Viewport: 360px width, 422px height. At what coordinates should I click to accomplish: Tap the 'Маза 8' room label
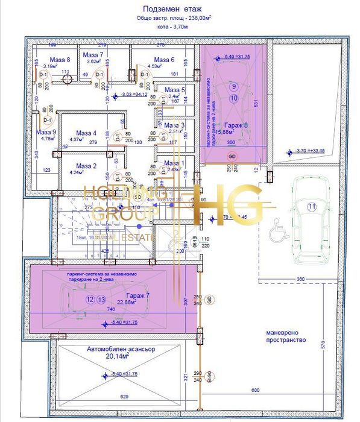(x=60, y=59)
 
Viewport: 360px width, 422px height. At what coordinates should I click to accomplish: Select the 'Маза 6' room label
(x=163, y=60)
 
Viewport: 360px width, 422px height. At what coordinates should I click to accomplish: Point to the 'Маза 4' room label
(x=86, y=133)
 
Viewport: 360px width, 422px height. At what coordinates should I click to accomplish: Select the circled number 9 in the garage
(x=233, y=86)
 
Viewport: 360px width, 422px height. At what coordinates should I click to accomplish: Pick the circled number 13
(x=101, y=300)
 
